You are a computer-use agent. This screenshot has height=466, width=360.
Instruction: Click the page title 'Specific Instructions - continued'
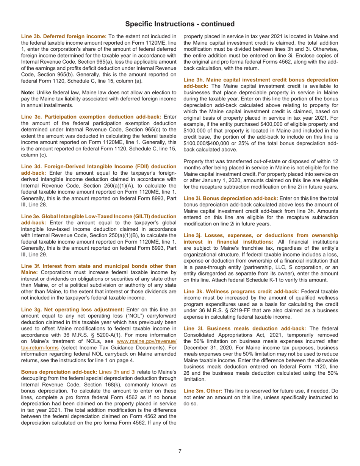tap(180, 24)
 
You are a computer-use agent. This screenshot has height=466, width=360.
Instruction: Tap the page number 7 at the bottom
tap(180, 451)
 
